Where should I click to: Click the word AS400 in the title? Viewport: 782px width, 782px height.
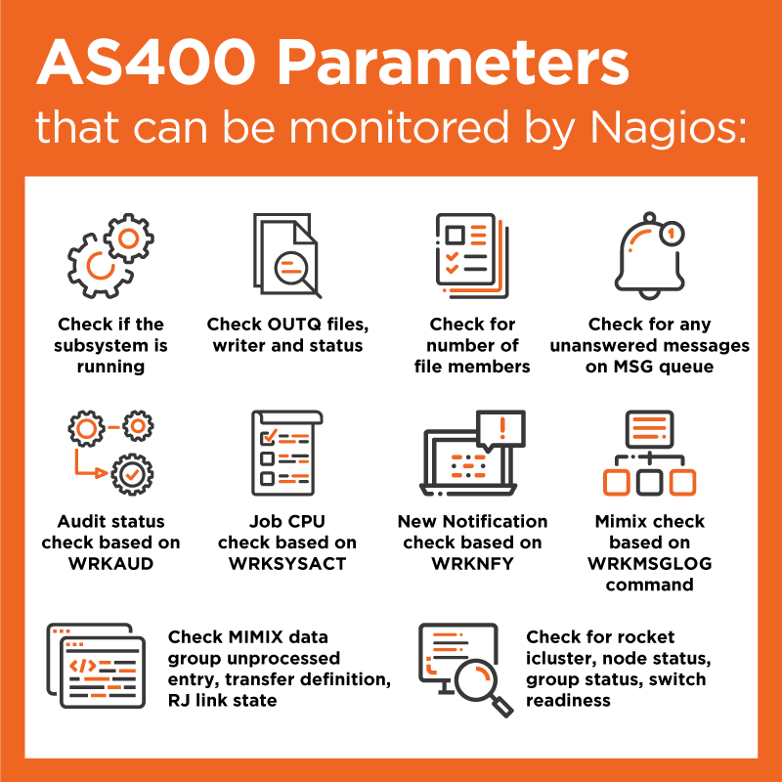click(146, 64)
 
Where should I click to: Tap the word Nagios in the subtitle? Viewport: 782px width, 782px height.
click(669, 127)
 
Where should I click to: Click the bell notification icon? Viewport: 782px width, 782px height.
click(649, 255)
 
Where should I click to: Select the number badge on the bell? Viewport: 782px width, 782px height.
click(672, 234)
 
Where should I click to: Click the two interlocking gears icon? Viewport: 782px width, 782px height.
click(110, 255)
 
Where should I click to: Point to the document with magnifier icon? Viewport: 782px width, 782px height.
click(287, 255)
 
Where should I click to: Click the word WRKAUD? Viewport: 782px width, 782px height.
click(110, 564)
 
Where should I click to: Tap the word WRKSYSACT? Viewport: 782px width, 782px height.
click(287, 564)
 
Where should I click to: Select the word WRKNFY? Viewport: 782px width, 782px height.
click(472, 564)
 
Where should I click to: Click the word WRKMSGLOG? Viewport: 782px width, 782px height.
click(649, 564)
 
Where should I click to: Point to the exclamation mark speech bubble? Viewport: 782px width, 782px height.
click(500, 430)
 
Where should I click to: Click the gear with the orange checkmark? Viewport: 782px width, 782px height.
click(132, 474)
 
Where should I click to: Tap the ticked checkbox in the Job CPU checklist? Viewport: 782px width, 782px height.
click(268, 437)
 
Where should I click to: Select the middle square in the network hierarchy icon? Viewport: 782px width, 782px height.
click(649, 482)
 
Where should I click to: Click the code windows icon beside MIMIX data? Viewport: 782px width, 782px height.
click(96, 666)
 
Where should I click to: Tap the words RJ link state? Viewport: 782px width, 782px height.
click(223, 700)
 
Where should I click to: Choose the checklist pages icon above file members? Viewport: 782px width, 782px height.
click(472, 255)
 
